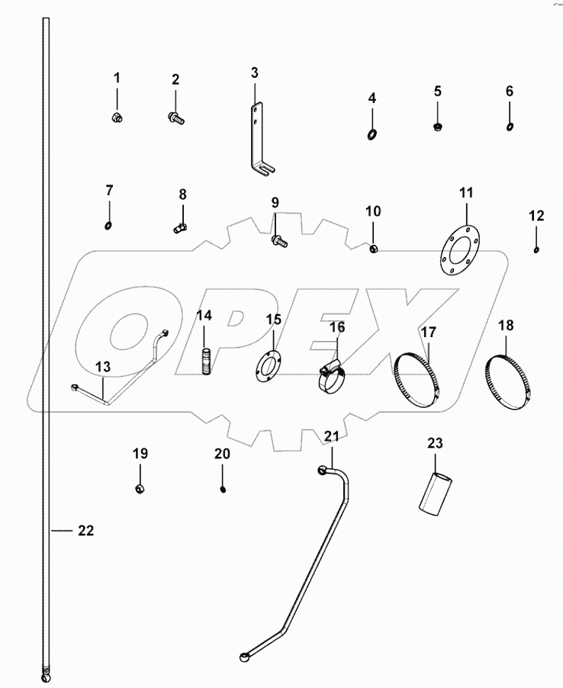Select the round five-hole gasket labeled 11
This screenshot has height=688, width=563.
click(456, 249)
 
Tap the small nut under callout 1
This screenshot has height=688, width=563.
click(117, 117)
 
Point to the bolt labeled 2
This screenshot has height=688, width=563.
click(175, 117)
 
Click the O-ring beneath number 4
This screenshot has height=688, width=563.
click(372, 135)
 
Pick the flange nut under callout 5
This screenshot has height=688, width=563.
click(438, 126)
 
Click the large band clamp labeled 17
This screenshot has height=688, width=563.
click(420, 379)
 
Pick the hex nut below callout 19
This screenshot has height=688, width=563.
click(140, 487)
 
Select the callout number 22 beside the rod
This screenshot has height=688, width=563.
click(85, 531)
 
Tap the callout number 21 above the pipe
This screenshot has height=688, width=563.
click(330, 436)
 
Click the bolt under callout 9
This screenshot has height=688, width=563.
click(278, 241)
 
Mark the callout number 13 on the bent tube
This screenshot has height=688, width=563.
click(103, 367)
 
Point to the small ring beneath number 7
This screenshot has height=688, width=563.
click(109, 225)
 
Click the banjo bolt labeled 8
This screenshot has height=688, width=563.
click(181, 227)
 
